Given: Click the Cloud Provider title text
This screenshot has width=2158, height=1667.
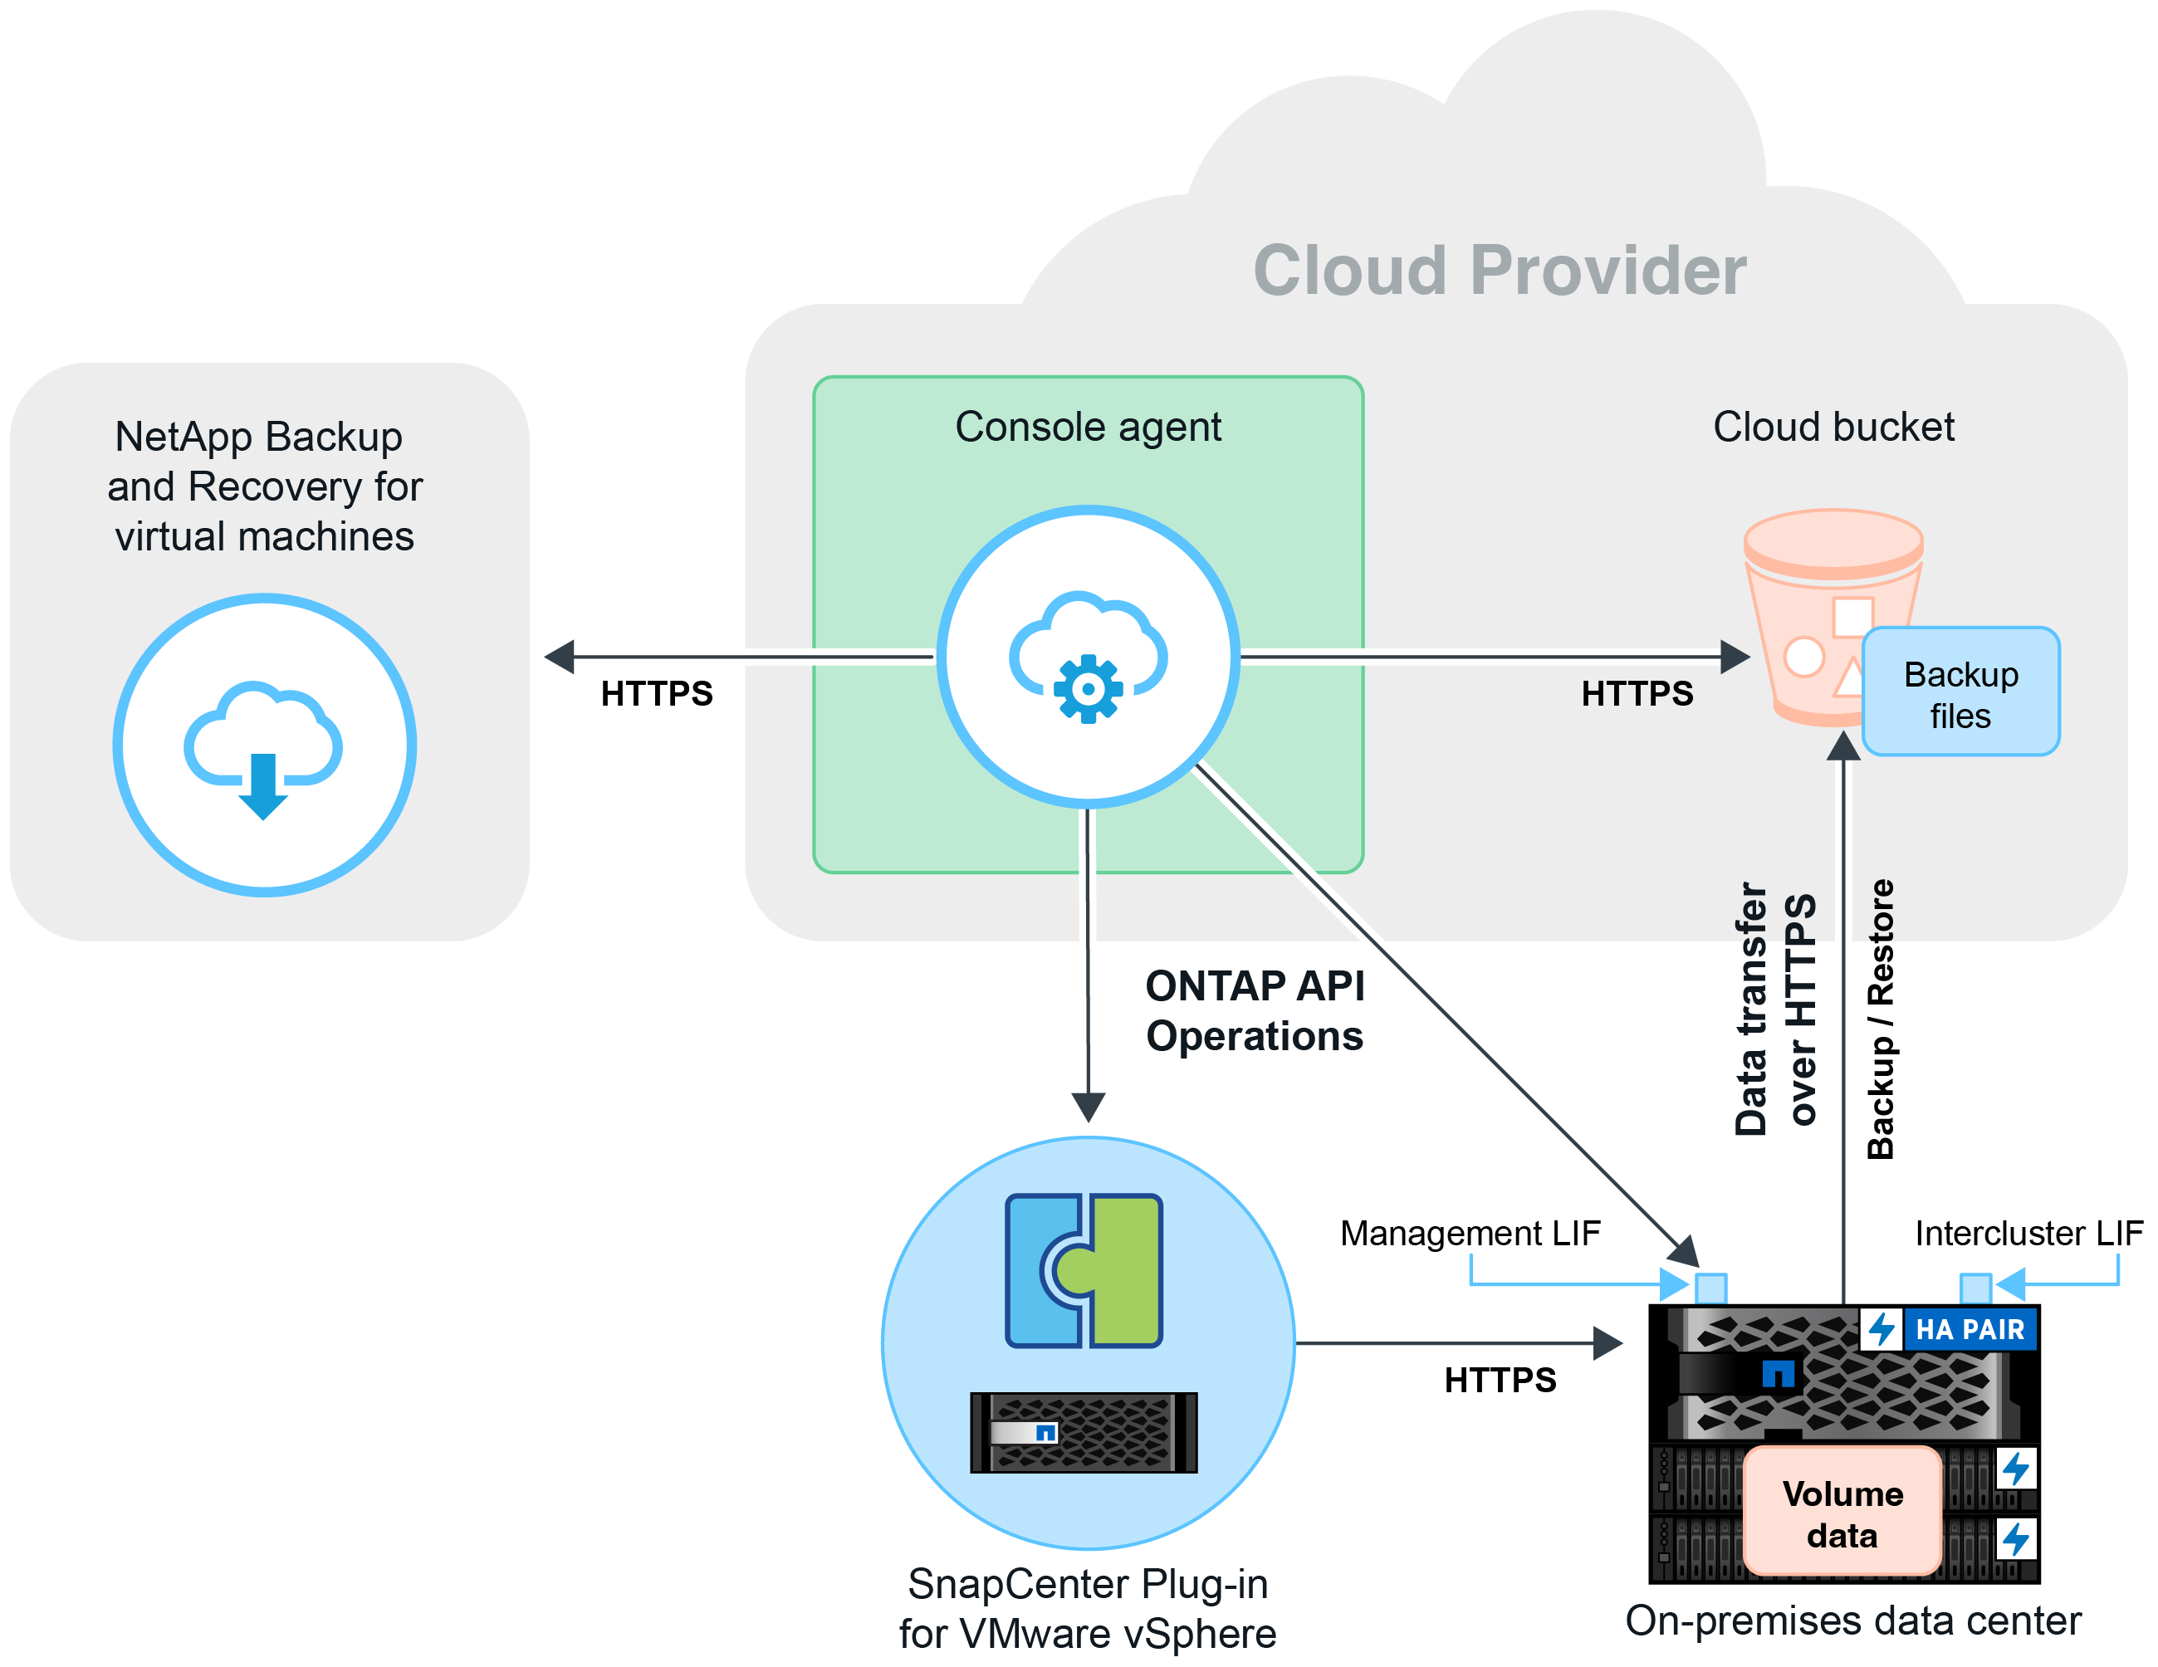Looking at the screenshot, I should (1499, 271).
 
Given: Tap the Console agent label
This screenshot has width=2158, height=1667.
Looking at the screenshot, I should (1088, 427).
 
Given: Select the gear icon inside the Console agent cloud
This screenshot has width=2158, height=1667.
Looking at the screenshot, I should (1088, 689).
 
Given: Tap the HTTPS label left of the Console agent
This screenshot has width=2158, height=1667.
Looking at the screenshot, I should (656, 694).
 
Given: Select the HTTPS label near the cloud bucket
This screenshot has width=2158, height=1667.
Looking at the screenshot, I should (1637, 694).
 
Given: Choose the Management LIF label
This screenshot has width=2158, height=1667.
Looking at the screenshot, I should (1470, 1233).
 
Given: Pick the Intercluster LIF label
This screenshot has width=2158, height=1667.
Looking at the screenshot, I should (2028, 1233).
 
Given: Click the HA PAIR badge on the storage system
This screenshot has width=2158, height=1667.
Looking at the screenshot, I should (1969, 1330).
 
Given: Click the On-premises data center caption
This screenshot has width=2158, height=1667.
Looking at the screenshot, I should (1852, 1621).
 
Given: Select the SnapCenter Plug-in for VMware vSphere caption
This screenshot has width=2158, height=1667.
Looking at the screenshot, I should (1087, 1609).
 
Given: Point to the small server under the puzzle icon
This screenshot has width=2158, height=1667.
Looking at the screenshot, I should (1083, 1433).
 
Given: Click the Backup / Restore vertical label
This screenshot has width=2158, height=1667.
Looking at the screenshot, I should (1881, 1019).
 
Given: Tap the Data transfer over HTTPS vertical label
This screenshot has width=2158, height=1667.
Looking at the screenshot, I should (1774, 1009).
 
